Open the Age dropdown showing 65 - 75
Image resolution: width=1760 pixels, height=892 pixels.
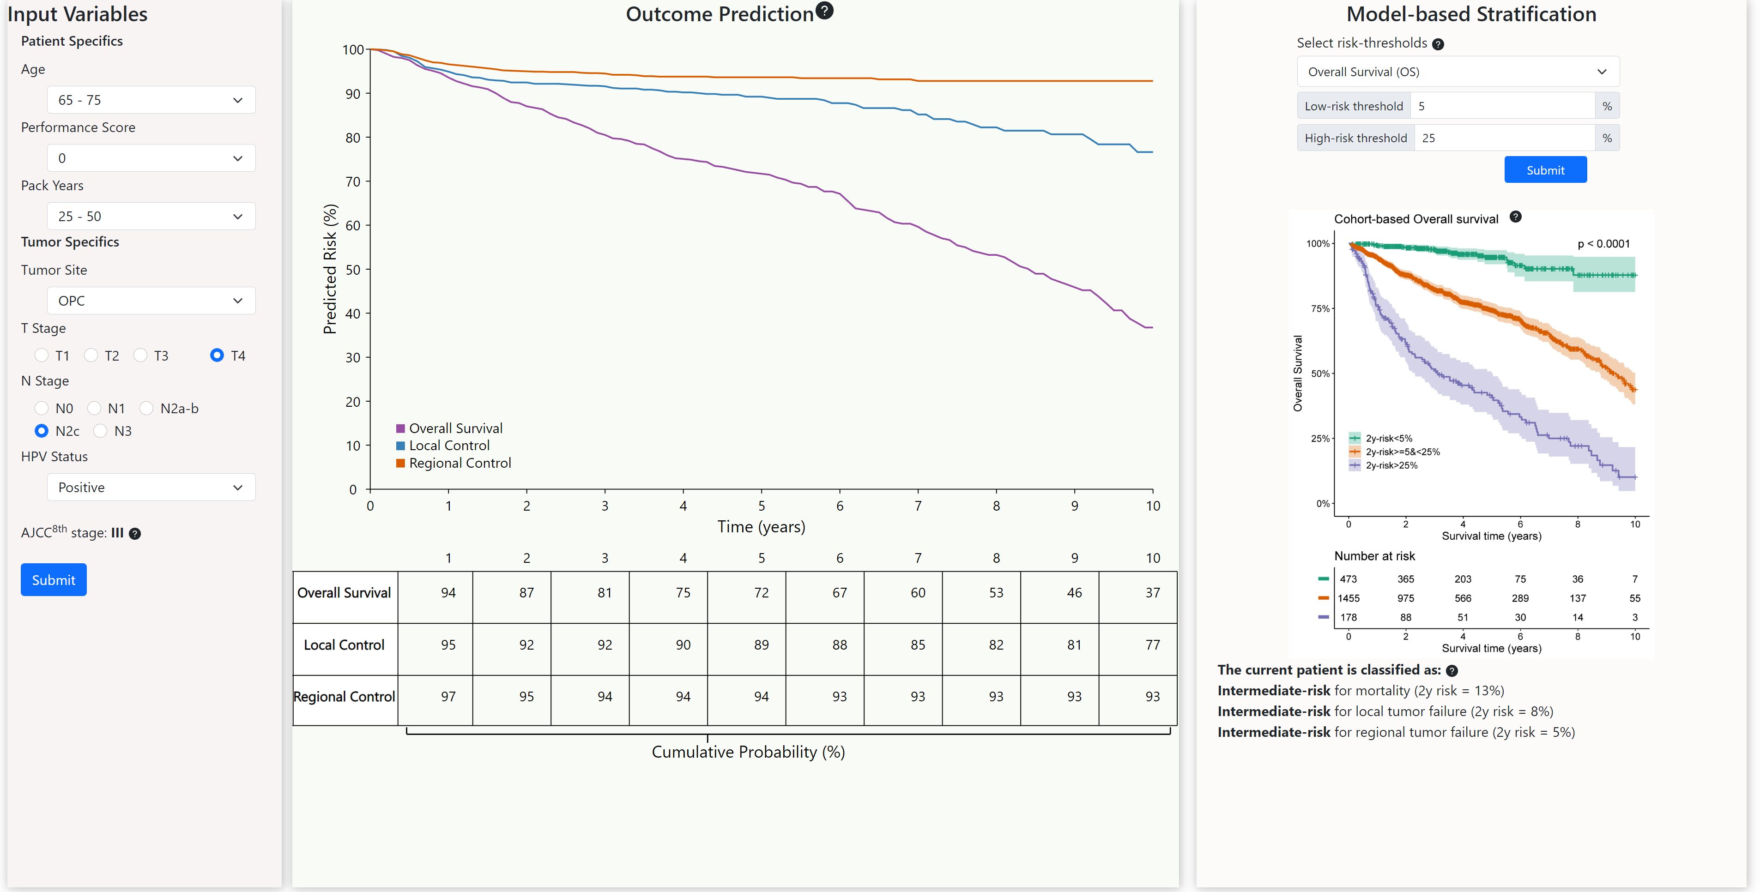[151, 100]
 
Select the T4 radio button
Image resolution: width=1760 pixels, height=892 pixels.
[217, 355]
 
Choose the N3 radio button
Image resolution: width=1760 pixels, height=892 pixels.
[100, 431]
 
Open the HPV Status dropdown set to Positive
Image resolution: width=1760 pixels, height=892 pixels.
[151, 487]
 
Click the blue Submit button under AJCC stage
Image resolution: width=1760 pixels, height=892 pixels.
[53, 580]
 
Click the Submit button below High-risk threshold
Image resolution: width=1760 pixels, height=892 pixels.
[1545, 170]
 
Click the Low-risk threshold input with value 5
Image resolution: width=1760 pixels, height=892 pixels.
[1502, 106]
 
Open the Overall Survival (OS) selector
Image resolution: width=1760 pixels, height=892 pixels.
[1458, 72]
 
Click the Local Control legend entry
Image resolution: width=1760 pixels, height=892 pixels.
[449, 446]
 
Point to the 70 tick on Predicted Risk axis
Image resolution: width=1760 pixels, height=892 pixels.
[352, 182]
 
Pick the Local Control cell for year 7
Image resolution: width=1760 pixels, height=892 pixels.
[918, 645]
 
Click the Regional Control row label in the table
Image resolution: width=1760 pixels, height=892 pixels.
[345, 697]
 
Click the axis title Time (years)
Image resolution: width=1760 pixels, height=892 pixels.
[761, 527]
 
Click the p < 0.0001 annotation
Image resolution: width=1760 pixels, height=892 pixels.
[1603, 244]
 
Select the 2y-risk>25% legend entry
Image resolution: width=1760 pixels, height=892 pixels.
[1391, 465]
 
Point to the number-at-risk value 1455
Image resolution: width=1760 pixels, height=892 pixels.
[1348, 598]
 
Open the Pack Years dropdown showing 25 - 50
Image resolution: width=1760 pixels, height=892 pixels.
[151, 216]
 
